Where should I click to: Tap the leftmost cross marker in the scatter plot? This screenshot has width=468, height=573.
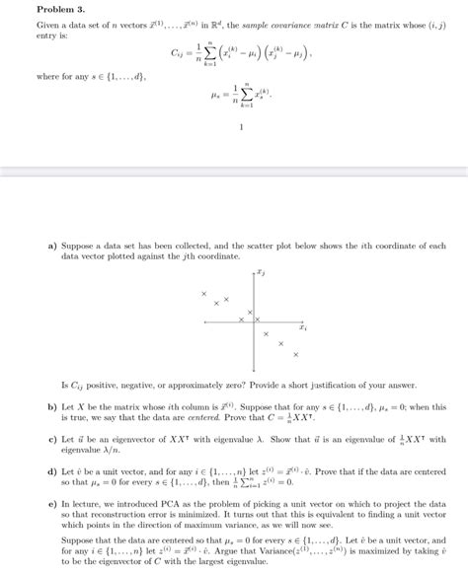click(x=203, y=294)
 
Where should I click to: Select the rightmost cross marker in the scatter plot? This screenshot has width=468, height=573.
click(x=295, y=354)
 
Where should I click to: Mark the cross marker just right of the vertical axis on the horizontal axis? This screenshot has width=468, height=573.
click(x=269, y=319)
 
